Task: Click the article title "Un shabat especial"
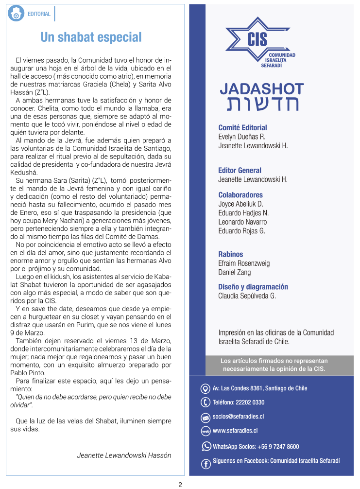pyautogui.click(x=91, y=37)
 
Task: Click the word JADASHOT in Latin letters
pyautogui.click(x=261, y=89)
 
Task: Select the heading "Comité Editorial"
pyautogui.click(x=242, y=128)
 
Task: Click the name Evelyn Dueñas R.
pyautogui.click(x=241, y=137)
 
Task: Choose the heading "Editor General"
pyautogui.click(x=240, y=171)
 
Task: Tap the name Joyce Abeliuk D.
pyautogui.click(x=240, y=204)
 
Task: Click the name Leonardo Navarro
pyautogui.click(x=242, y=222)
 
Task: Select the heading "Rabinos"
pyautogui.click(x=231, y=254)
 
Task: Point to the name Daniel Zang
pyautogui.click(x=234, y=272)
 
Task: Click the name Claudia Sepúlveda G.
pyautogui.click(x=247, y=296)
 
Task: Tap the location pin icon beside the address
pyautogui.click(x=206, y=388)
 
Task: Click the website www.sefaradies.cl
pyautogui.click(x=235, y=431)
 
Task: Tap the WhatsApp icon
pyautogui.click(x=206, y=446)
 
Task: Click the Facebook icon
pyautogui.click(x=206, y=464)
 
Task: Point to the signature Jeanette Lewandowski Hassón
pyautogui.click(x=124, y=455)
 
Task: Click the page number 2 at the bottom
pyautogui.click(x=180, y=484)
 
